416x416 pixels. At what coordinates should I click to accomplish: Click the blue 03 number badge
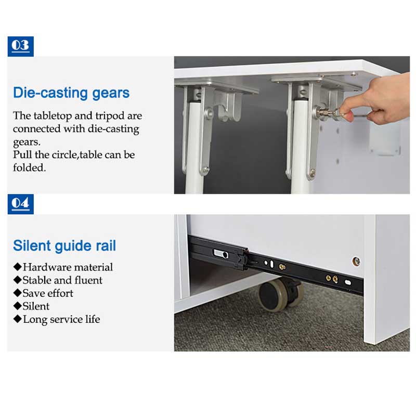(x=21, y=46)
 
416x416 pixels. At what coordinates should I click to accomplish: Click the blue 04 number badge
(x=21, y=204)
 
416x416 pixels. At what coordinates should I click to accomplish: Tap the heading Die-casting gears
(x=71, y=94)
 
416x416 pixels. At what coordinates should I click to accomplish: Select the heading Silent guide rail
(x=64, y=246)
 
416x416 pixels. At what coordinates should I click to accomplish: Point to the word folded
(x=30, y=167)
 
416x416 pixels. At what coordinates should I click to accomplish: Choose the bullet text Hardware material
(x=68, y=267)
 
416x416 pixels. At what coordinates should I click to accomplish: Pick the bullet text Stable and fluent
(x=62, y=280)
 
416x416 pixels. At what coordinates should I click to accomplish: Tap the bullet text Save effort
(x=48, y=293)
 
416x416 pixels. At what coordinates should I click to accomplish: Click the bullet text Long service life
(x=61, y=319)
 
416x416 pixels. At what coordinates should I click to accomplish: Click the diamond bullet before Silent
(x=18, y=306)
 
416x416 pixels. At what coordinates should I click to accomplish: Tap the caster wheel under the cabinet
(x=280, y=294)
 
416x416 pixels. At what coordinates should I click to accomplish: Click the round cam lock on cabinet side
(x=356, y=262)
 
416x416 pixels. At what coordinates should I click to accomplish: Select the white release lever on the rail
(x=220, y=254)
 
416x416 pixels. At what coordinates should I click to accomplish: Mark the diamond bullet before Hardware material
(x=18, y=267)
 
